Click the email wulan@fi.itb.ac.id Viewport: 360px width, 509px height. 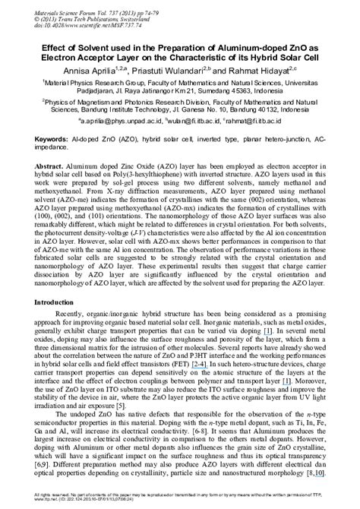pos(191,122)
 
